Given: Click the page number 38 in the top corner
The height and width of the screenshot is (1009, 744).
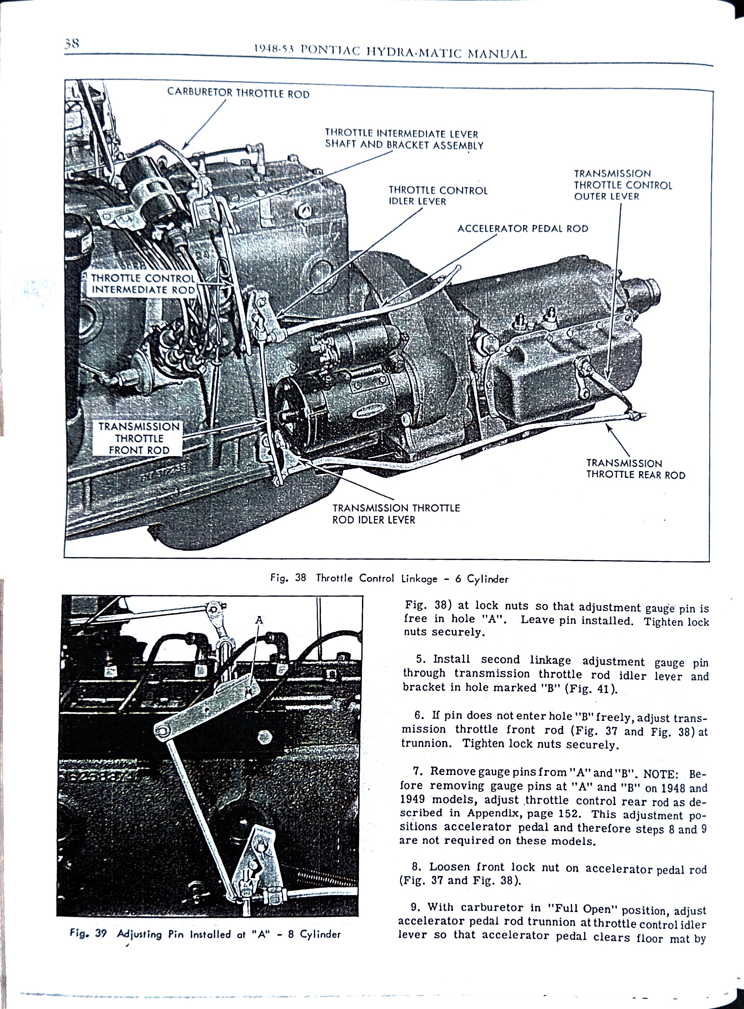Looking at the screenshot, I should (x=72, y=44).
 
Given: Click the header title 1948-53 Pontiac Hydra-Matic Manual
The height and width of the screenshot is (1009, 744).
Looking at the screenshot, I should (x=390, y=52).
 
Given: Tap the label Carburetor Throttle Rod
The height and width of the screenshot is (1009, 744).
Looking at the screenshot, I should (x=238, y=93).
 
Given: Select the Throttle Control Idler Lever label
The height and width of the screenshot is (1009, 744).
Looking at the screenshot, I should (x=438, y=196).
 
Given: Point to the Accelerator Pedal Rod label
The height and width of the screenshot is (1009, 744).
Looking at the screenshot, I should (x=522, y=228).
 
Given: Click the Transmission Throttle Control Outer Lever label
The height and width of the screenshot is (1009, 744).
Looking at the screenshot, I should (x=622, y=185).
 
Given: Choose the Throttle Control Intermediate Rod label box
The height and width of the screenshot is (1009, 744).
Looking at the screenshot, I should (x=143, y=284).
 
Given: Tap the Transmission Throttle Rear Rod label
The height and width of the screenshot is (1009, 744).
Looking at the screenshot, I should (x=635, y=469).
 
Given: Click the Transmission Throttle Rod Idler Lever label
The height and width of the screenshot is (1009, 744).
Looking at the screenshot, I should (x=396, y=513).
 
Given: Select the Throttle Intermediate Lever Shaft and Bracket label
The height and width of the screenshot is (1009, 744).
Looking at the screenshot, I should (x=404, y=139).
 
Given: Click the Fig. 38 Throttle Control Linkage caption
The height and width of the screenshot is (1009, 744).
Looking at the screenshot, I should (x=389, y=578).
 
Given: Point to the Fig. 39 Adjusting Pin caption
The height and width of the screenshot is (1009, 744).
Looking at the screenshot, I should (x=205, y=934).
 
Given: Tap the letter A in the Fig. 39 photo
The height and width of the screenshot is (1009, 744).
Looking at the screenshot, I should (x=259, y=620).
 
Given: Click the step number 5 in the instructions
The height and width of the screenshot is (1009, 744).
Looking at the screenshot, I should (x=421, y=660).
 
